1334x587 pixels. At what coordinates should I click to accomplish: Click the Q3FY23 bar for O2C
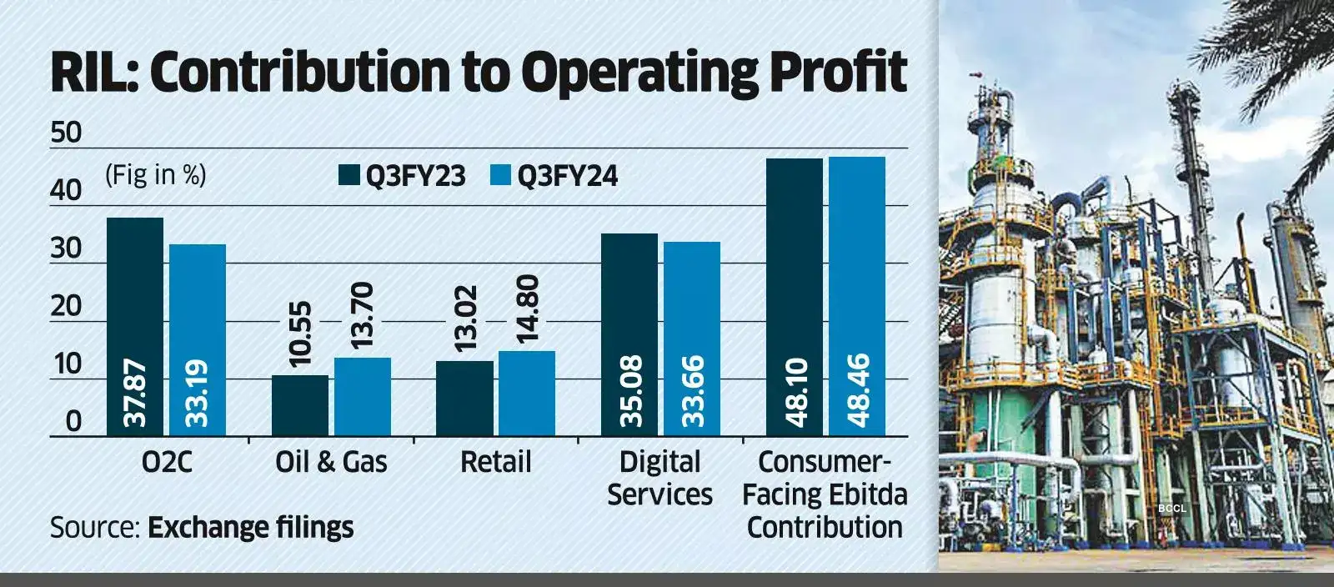coord(135,325)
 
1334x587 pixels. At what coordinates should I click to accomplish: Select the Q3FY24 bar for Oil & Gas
coord(363,397)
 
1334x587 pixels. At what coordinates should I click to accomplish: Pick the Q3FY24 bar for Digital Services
coord(691,338)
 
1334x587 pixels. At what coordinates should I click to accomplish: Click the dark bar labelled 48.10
coord(794,296)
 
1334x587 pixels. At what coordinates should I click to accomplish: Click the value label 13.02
coord(465,319)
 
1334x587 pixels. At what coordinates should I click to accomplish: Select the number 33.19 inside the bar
coord(197,393)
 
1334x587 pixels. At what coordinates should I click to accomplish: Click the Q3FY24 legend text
coord(567,176)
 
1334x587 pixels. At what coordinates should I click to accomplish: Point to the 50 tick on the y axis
coord(66,133)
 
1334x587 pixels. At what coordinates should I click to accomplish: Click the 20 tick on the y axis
coord(66,307)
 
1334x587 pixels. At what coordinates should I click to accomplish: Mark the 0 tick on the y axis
coord(73,422)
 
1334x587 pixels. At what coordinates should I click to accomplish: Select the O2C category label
coord(167,461)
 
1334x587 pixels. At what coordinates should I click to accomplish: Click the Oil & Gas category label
coord(331,461)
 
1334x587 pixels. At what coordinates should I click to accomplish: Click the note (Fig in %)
coord(156,174)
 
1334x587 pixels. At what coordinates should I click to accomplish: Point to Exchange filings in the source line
coord(250,528)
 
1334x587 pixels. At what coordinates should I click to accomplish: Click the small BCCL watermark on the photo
coord(1171,508)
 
